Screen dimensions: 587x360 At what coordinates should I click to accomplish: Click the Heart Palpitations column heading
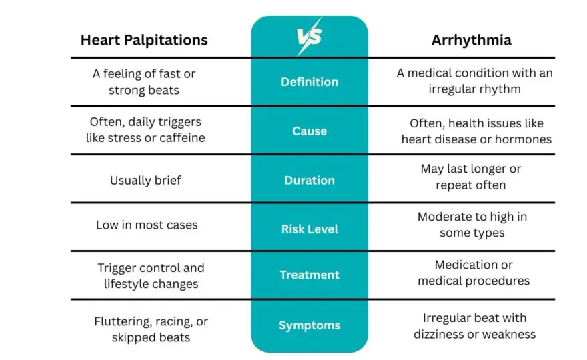click(144, 40)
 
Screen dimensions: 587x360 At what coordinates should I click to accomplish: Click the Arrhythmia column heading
click(472, 40)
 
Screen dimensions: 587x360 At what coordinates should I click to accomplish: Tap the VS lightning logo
click(310, 37)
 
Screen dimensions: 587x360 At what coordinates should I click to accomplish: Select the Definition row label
click(310, 82)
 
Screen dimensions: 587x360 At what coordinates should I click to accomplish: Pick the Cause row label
click(310, 131)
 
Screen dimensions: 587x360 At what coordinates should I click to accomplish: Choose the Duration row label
click(310, 181)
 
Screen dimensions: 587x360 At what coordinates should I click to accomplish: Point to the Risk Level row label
click(310, 229)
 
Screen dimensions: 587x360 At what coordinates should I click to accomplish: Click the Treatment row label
click(310, 275)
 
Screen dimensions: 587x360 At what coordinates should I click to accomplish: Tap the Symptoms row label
click(310, 325)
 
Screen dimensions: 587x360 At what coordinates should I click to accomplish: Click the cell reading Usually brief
click(145, 181)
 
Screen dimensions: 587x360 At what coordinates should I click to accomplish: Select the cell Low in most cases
click(147, 225)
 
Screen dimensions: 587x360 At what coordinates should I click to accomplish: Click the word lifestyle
click(127, 284)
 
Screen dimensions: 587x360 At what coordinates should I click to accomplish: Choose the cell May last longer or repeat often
click(471, 177)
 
